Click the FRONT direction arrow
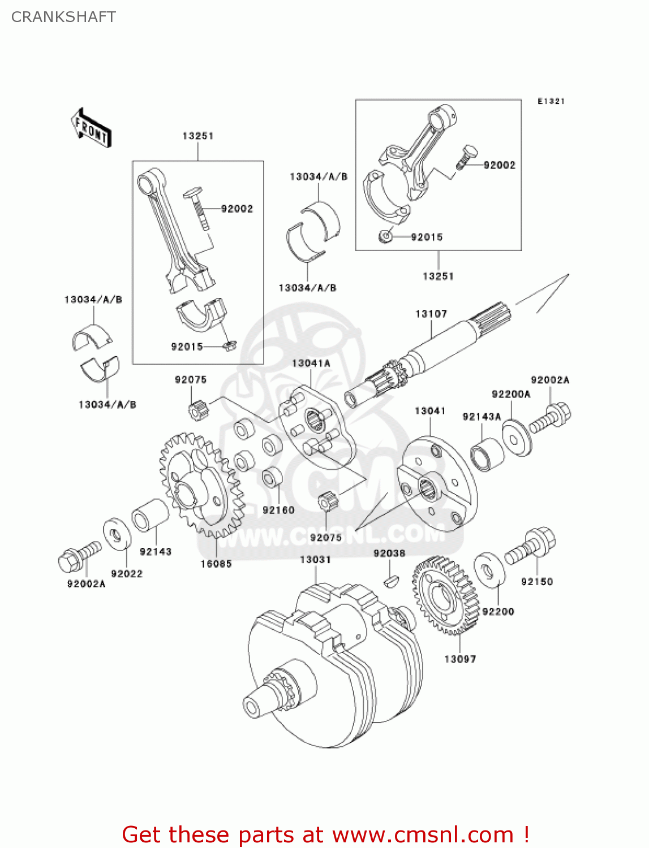91,128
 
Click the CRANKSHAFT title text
63,17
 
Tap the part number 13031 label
315,560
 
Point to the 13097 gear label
460,659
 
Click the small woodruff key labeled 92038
390,579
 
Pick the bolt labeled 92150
531,545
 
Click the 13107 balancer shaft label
431,314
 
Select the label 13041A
311,364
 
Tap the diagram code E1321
551,101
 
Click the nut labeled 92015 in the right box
386,236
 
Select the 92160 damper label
278,510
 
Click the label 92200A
511,395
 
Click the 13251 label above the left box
197,136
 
